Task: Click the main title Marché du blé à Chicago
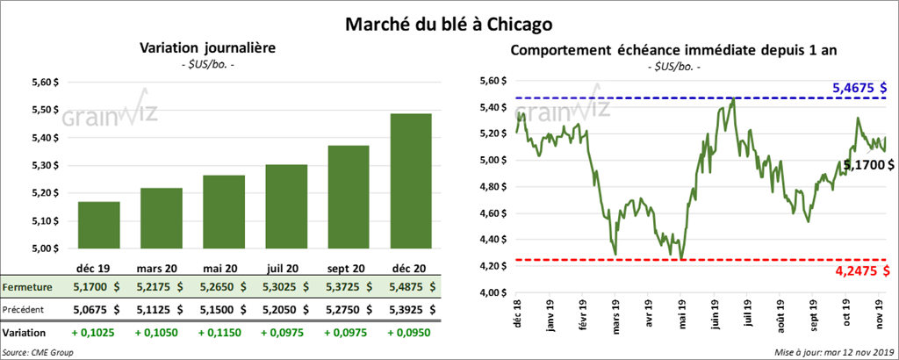click(x=449, y=18)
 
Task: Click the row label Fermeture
click(x=27, y=287)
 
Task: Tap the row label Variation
click(x=25, y=334)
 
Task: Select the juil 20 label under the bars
click(x=281, y=267)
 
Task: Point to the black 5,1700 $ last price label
click(x=868, y=164)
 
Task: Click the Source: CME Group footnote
click(x=37, y=352)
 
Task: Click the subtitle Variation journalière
click(x=208, y=48)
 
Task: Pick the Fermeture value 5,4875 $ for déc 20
click(x=411, y=287)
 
